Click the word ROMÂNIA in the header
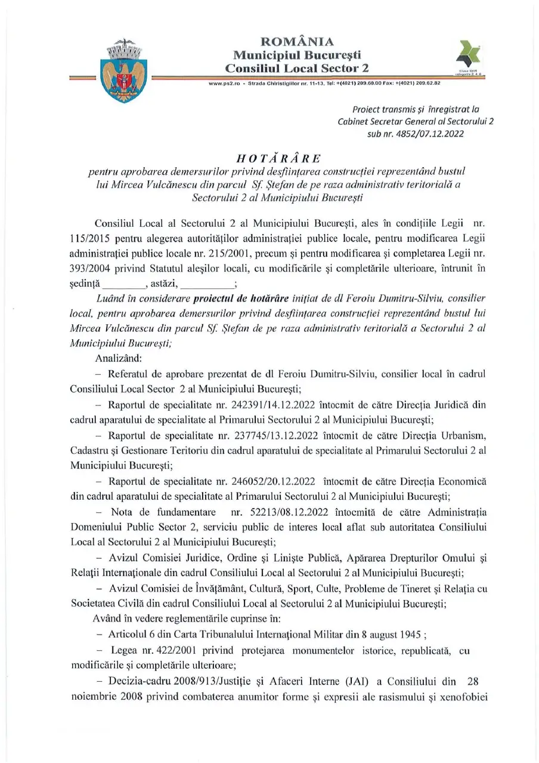297,42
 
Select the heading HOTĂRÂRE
278,158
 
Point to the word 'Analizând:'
118,358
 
